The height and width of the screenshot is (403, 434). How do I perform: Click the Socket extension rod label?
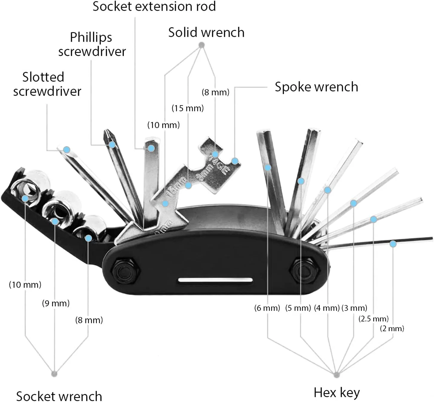(154, 7)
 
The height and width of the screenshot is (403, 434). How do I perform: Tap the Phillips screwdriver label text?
(92, 44)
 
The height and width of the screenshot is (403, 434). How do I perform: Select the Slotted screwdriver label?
(47, 84)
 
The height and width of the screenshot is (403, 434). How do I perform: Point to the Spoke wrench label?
(316, 87)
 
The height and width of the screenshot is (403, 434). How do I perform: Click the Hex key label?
(337, 392)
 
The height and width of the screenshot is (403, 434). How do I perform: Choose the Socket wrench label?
(59, 396)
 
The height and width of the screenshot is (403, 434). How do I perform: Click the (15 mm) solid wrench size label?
(187, 108)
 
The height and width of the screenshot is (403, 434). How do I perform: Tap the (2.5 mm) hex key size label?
(373, 318)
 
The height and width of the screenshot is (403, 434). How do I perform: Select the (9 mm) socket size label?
(56, 303)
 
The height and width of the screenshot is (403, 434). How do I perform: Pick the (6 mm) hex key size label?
(267, 308)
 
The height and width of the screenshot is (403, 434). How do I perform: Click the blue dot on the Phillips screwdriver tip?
(112, 145)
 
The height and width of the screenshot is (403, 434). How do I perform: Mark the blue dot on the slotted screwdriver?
(67, 149)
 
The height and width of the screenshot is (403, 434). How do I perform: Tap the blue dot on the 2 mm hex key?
(393, 244)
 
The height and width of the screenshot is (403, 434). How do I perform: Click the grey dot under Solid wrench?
(202, 45)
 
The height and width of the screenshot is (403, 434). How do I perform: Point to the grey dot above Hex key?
(337, 374)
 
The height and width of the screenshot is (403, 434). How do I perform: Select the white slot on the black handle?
(215, 280)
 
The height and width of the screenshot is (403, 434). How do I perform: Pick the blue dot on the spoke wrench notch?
(235, 161)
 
